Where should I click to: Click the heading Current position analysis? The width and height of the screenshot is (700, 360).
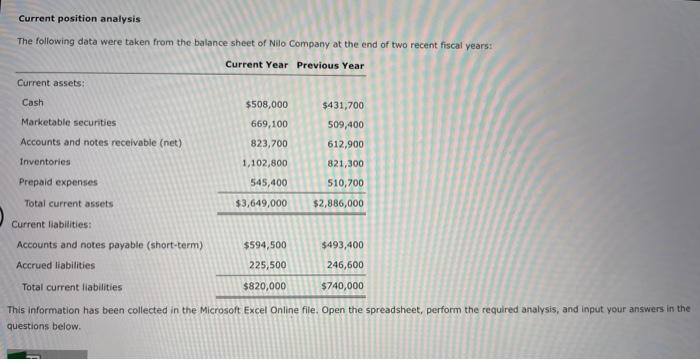pyautogui.click(x=79, y=19)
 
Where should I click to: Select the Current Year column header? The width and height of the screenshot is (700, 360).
pyautogui.click(x=256, y=65)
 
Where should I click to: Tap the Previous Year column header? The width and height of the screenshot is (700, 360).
pyautogui.click(x=330, y=65)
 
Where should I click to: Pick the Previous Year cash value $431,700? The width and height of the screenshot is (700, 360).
pyautogui.click(x=343, y=104)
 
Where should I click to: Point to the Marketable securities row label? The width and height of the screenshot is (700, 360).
pyautogui.click(x=68, y=123)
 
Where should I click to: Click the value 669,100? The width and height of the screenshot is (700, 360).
pyautogui.click(x=269, y=124)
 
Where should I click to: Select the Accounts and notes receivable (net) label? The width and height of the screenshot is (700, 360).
pyautogui.click(x=101, y=142)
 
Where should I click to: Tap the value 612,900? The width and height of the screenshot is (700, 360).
pyautogui.click(x=345, y=143)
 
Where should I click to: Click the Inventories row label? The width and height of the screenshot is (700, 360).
pyautogui.click(x=46, y=162)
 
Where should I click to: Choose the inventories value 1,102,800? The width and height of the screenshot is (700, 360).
pyautogui.click(x=265, y=163)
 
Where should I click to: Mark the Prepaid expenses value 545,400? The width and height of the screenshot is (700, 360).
pyautogui.click(x=269, y=182)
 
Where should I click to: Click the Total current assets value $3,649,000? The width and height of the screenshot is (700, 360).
pyautogui.click(x=261, y=203)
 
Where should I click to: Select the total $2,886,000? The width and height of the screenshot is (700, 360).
pyautogui.click(x=338, y=203)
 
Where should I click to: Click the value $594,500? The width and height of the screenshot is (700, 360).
pyautogui.click(x=265, y=245)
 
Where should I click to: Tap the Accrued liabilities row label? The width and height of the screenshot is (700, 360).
pyautogui.click(x=56, y=265)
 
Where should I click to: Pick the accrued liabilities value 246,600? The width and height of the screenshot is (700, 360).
pyautogui.click(x=345, y=265)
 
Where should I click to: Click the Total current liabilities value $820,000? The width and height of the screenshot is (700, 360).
pyautogui.click(x=265, y=286)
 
